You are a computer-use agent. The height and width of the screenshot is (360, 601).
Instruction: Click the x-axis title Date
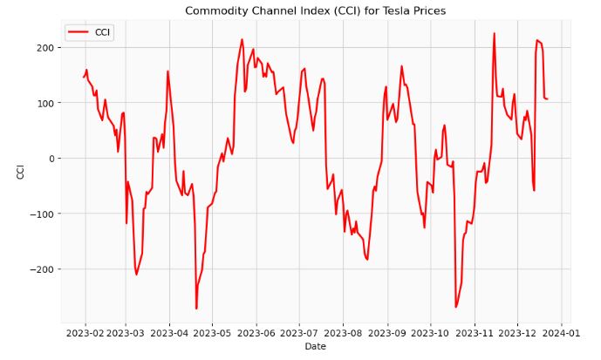[x=316, y=347]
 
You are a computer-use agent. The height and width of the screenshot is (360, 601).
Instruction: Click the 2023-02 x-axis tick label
[x=85, y=332]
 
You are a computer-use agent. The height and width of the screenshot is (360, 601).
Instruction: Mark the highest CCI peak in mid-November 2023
[x=494, y=34]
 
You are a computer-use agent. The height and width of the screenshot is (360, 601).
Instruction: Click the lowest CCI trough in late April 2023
[x=196, y=309]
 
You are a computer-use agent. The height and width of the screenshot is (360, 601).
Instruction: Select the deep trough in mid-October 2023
[x=455, y=307]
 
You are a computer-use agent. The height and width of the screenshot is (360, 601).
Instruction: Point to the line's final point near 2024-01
[x=547, y=98]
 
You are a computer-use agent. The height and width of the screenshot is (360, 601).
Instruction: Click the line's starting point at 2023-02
[x=84, y=78]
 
